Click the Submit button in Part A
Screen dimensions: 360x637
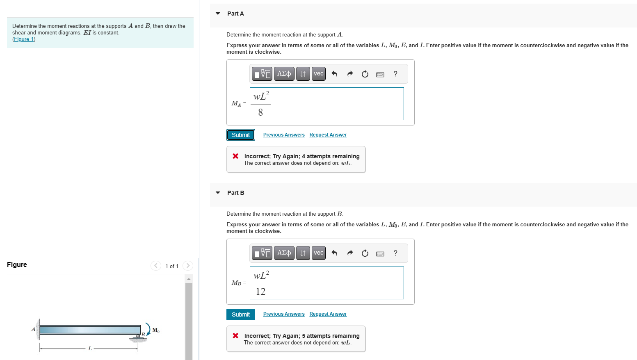click(x=241, y=135)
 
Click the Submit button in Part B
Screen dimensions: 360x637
click(x=241, y=314)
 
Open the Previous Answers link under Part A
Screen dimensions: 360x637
click(x=284, y=135)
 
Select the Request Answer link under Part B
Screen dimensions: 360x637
click(x=328, y=314)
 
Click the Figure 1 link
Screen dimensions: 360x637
click(x=24, y=39)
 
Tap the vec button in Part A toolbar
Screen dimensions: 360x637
click(x=319, y=74)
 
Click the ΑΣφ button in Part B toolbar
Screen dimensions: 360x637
click(x=284, y=253)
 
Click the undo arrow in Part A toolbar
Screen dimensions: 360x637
click(x=334, y=74)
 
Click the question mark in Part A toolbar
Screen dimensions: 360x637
click(x=395, y=74)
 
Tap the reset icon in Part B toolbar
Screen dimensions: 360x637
click(x=365, y=253)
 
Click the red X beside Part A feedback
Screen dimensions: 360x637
click(x=235, y=156)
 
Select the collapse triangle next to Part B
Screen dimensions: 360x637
click(x=218, y=193)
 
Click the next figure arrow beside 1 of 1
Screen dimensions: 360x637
click(x=188, y=266)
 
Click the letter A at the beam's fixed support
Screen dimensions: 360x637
click(x=33, y=329)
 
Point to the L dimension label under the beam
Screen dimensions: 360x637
click(x=90, y=349)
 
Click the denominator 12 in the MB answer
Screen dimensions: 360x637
click(x=260, y=292)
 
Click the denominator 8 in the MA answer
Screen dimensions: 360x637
click(x=260, y=112)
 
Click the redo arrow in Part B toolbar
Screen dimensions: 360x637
click(x=350, y=253)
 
